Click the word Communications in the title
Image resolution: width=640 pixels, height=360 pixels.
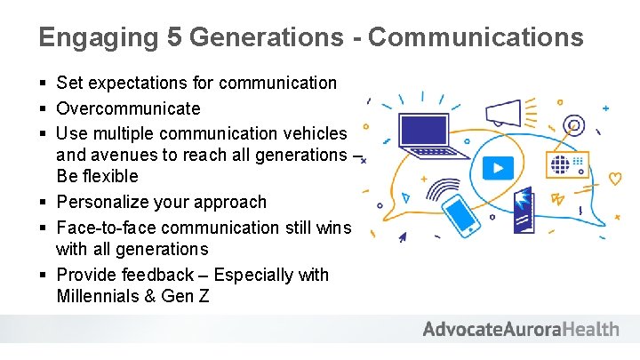coord(476,37)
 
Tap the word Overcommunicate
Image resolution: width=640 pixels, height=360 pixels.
coord(128,108)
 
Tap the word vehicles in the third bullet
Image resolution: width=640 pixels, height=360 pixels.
coord(314,133)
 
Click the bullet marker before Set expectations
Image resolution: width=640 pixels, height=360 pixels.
coord(43,84)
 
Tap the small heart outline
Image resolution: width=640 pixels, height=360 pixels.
coord(614,179)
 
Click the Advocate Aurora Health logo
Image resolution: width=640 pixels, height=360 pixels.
coord(520,330)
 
